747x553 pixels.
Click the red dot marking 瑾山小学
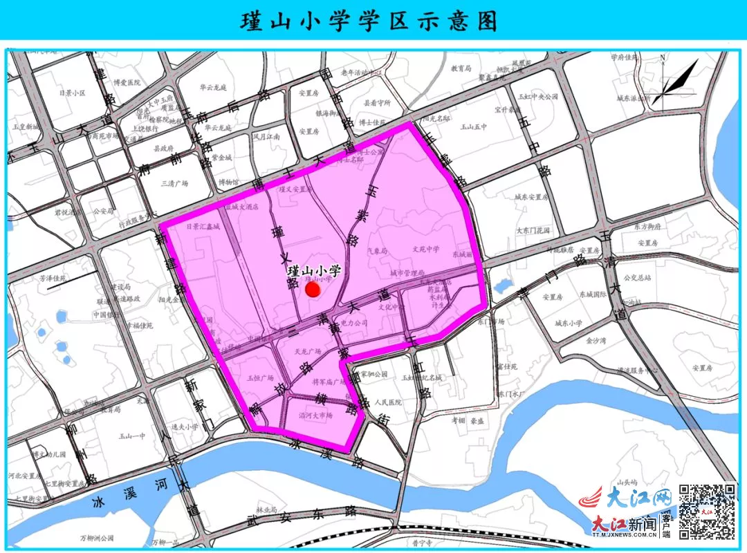pyautogui.click(x=313, y=290)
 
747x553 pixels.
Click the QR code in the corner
pyautogui.click(x=706, y=512)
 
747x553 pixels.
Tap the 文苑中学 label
pyautogui.click(x=426, y=249)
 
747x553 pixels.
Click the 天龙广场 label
pyautogui.click(x=307, y=352)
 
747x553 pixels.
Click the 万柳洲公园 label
pyautogui.click(x=98, y=536)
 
